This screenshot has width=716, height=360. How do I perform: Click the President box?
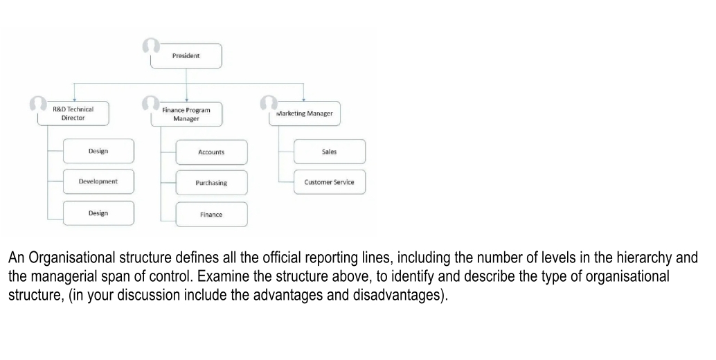click(x=186, y=56)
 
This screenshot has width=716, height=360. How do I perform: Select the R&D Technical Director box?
click(x=73, y=114)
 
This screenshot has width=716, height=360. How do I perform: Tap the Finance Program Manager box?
click(x=186, y=114)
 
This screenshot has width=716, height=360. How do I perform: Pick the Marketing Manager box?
click(x=305, y=114)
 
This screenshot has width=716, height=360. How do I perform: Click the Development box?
click(x=98, y=181)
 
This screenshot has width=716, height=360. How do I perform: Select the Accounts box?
click(x=211, y=152)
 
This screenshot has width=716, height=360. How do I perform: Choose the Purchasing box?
click(x=211, y=183)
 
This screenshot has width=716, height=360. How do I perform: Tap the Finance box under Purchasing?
click(x=211, y=215)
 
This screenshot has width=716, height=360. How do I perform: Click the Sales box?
click(x=330, y=152)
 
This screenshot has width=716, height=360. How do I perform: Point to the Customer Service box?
click(x=330, y=182)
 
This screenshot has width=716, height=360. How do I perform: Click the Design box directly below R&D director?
click(x=98, y=151)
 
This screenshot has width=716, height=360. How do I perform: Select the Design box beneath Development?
click(x=98, y=213)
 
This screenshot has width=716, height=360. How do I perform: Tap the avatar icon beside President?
click(x=150, y=46)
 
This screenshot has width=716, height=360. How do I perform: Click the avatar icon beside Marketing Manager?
click(x=268, y=103)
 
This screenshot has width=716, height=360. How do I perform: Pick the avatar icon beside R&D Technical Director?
click(x=37, y=103)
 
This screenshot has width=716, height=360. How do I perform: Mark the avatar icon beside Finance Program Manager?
click(x=150, y=103)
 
